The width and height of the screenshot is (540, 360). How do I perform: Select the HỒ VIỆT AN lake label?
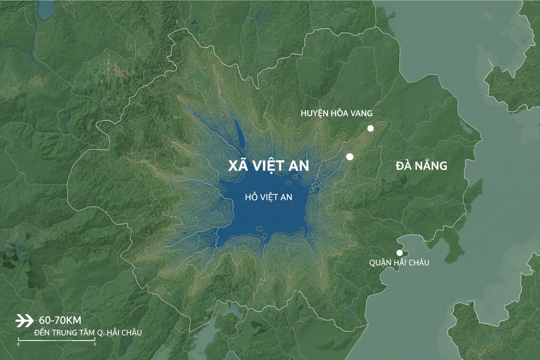(x=268, y=197)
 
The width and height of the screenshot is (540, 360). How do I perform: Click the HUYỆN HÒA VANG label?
(x=337, y=113)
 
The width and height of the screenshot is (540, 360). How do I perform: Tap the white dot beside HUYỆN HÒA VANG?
(x=370, y=128)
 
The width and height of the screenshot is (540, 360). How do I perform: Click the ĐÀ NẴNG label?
(x=421, y=166)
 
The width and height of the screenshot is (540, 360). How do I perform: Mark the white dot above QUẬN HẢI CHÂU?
(x=399, y=253)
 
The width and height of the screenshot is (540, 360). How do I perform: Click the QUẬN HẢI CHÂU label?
(x=399, y=263)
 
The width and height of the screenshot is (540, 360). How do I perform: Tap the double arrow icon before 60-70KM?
(x=24, y=321)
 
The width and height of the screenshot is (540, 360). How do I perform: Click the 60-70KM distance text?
(x=60, y=321)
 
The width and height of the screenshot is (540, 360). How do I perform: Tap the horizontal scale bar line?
(x=56, y=341)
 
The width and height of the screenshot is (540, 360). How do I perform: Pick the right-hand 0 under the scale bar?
(x=94, y=344)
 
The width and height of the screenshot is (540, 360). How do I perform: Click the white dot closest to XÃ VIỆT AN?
(x=350, y=157)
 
